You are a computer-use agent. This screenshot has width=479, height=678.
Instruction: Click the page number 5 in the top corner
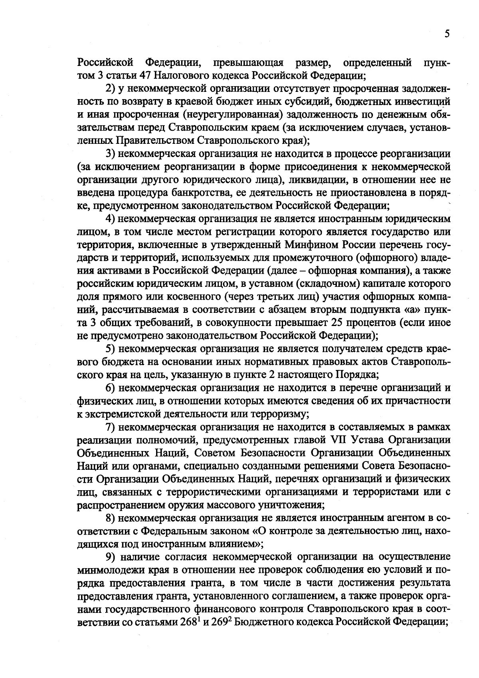tap(447, 34)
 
